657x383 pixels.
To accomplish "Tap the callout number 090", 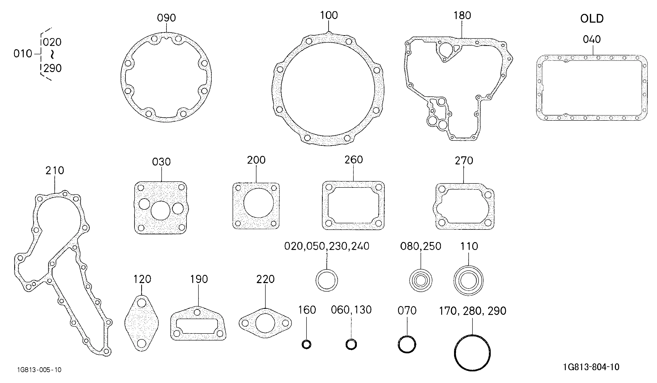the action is point(166,18).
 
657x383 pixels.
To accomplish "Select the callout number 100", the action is point(329,15).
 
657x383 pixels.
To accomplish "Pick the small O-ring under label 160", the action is point(306,345).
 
